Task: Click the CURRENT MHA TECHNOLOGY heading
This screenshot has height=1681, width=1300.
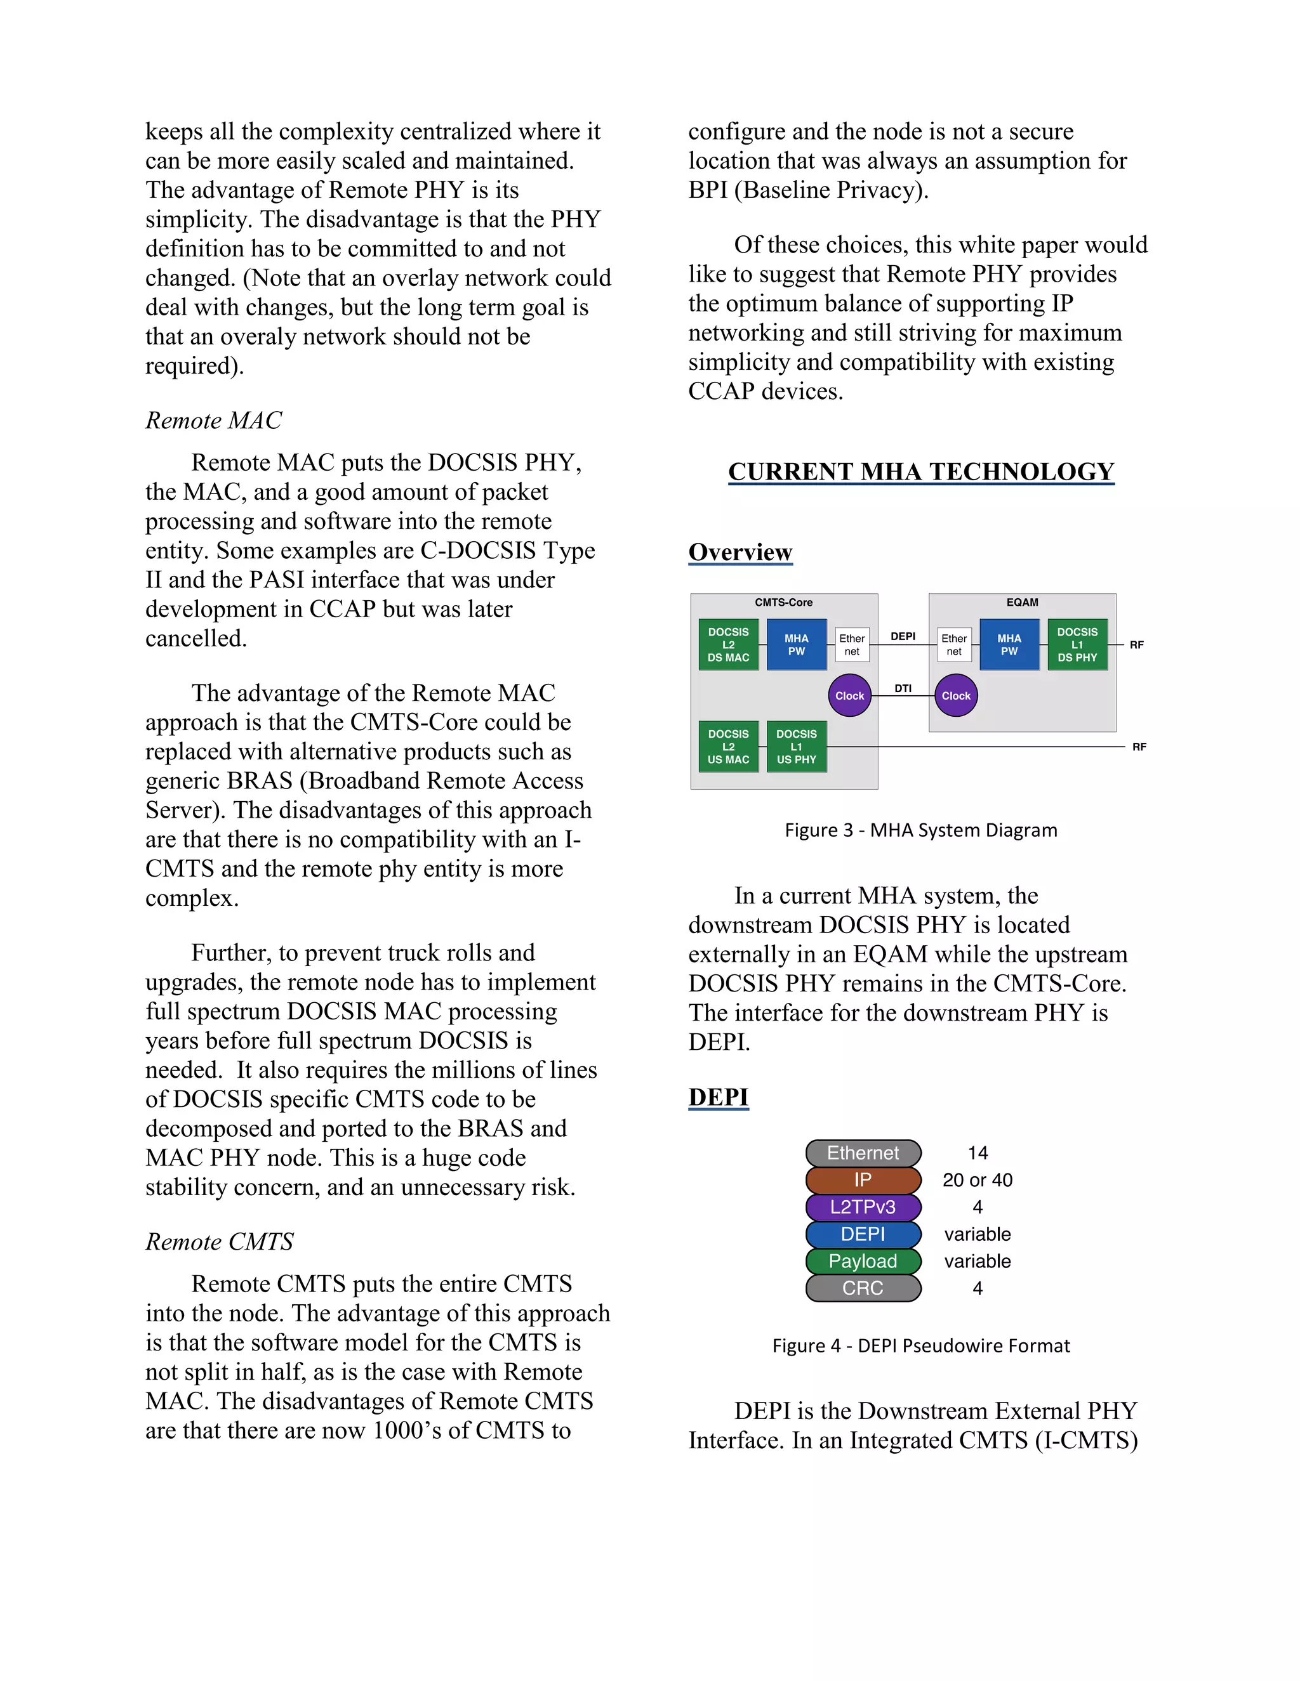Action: click(x=920, y=471)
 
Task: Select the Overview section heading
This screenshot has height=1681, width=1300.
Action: click(x=740, y=552)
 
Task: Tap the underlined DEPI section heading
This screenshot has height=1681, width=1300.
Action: click(x=718, y=1097)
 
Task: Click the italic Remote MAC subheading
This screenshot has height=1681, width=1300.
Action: click(x=213, y=420)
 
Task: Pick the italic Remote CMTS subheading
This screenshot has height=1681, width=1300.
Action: click(x=220, y=1241)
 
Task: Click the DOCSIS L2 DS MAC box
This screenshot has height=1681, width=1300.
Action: click(x=728, y=645)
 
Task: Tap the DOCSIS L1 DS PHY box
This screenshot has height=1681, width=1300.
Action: click(x=1077, y=645)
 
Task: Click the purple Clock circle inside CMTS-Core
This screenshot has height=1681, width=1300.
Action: click(x=849, y=696)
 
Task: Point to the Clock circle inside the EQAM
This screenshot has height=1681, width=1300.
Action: click(x=956, y=696)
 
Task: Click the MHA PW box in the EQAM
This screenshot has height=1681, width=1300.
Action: click(x=1009, y=645)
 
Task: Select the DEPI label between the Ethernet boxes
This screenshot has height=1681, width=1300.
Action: click(x=903, y=636)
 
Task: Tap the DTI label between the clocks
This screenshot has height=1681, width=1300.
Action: click(x=903, y=688)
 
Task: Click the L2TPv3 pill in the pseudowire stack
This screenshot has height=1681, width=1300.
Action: click(x=863, y=1207)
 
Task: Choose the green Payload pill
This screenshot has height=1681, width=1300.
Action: click(x=863, y=1261)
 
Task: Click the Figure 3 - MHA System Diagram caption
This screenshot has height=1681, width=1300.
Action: click(x=920, y=830)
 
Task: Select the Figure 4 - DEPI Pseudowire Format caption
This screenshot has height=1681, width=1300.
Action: click(x=920, y=1345)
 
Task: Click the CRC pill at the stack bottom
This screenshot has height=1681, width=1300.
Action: click(x=863, y=1288)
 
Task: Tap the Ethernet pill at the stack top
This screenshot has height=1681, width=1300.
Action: click(x=863, y=1153)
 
